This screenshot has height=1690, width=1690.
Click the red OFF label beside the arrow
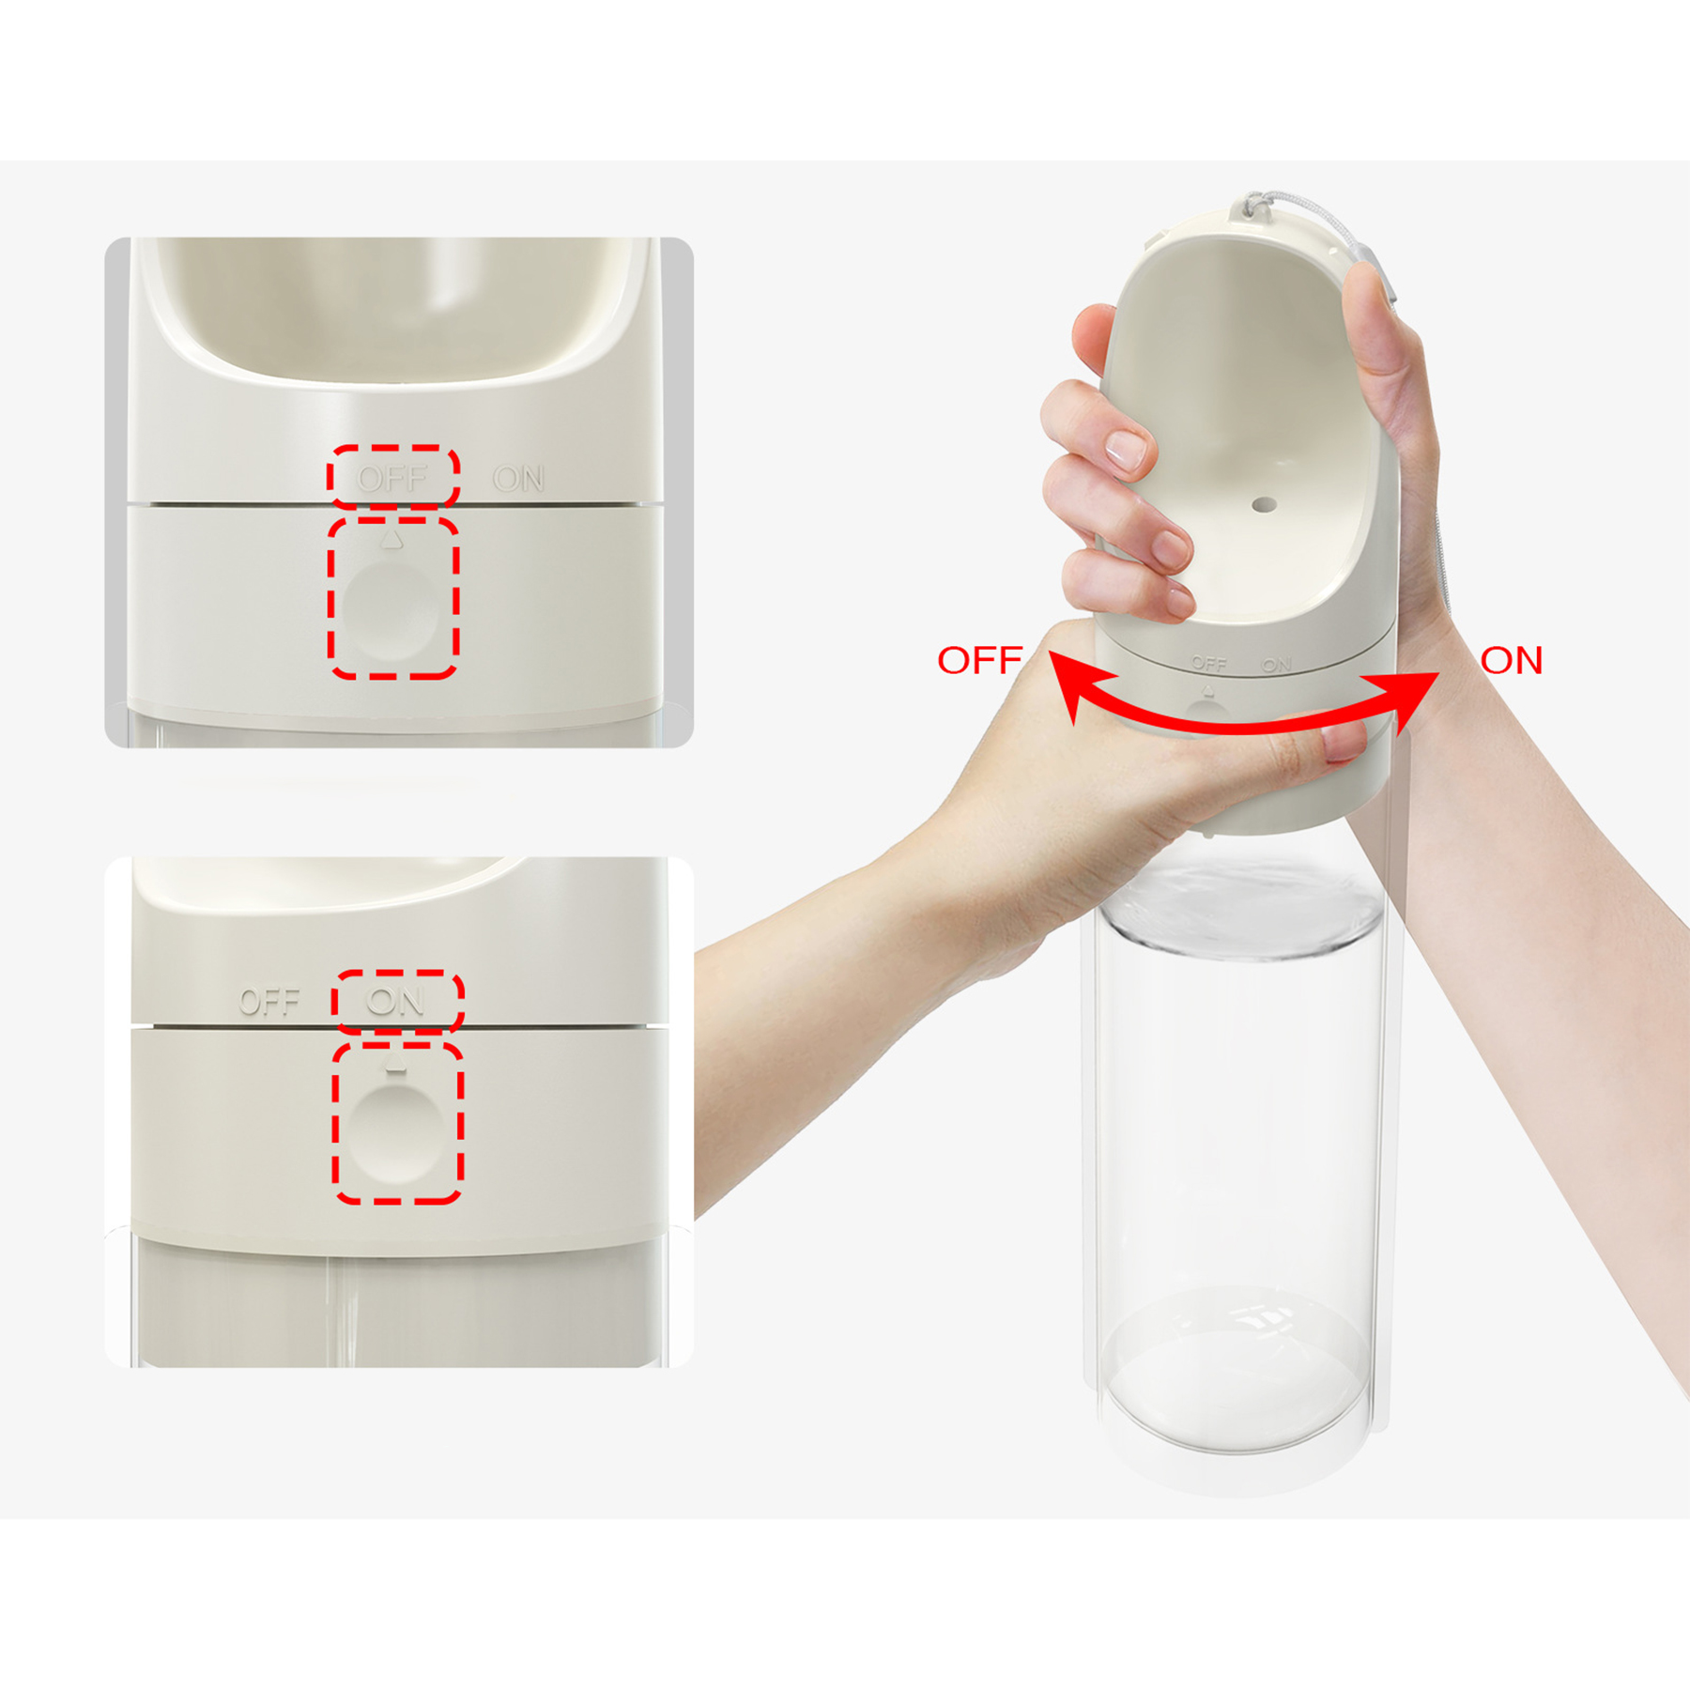tap(979, 660)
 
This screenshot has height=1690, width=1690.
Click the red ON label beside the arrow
tap(1511, 660)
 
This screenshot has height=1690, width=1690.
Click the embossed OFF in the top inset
tap(392, 479)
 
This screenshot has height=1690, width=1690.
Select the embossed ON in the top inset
tap(518, 479)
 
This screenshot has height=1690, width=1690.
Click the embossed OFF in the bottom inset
tap(269, 1002)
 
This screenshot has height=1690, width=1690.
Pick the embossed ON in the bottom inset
tap(395, 1001)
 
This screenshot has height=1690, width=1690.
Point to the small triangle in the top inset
tap(392, 540)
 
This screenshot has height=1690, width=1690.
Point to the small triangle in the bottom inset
tap(396, 1065)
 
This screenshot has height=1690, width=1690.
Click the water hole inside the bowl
tap(1264, 505)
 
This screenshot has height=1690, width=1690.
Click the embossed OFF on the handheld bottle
tap(1208, 663)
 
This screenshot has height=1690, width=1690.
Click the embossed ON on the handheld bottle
tap(1276, 664)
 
